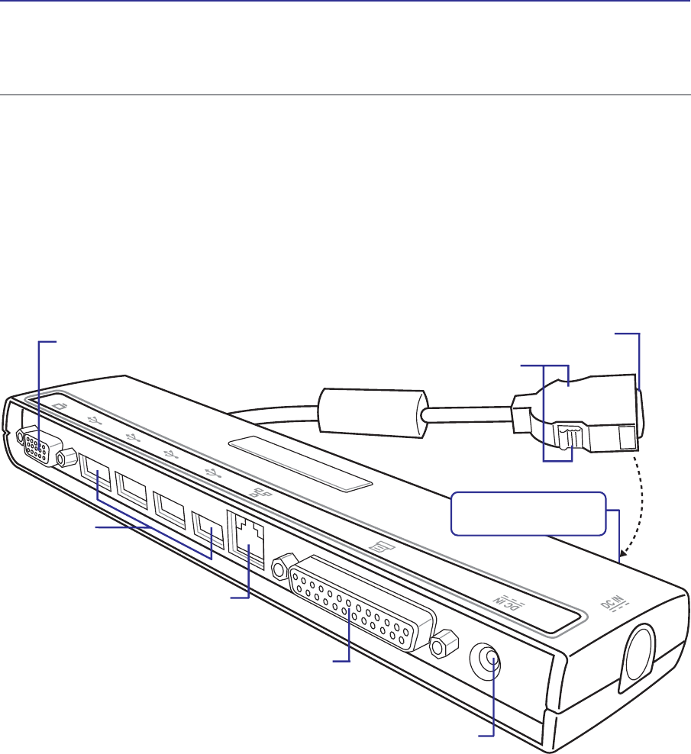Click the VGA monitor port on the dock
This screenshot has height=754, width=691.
43,447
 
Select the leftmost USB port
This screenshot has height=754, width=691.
95,472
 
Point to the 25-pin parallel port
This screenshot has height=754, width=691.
361,604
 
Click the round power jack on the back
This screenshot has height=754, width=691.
485,659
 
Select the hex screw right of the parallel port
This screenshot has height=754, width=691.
443,644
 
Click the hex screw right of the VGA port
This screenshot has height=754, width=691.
66,457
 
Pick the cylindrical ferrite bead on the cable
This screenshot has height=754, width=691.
372,413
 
